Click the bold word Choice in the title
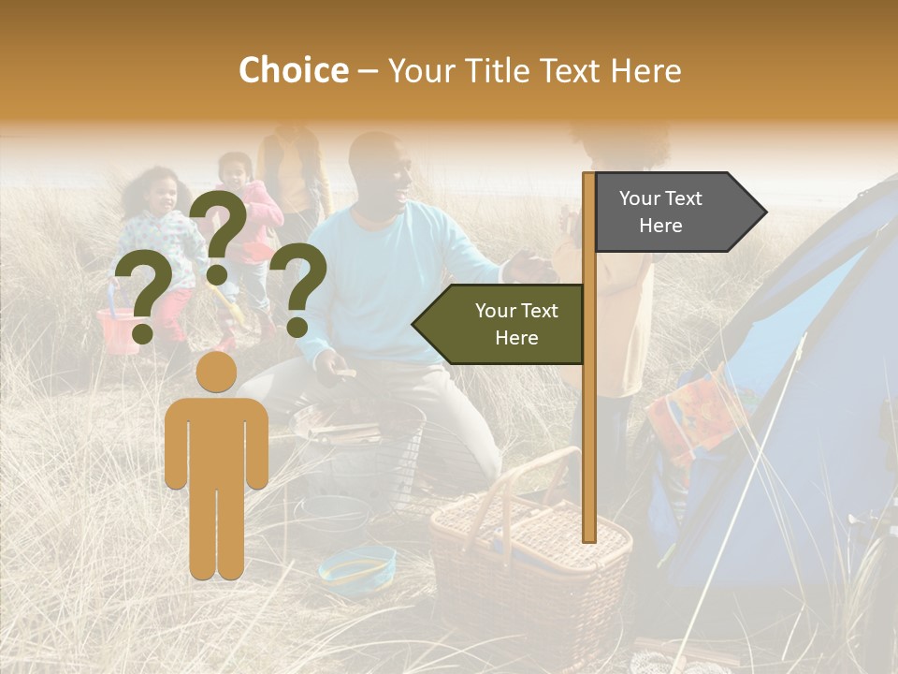293,70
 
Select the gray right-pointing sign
673,212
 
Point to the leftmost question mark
142,298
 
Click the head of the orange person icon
217,372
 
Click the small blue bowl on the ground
357,564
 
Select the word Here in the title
645,70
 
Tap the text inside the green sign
516,324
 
